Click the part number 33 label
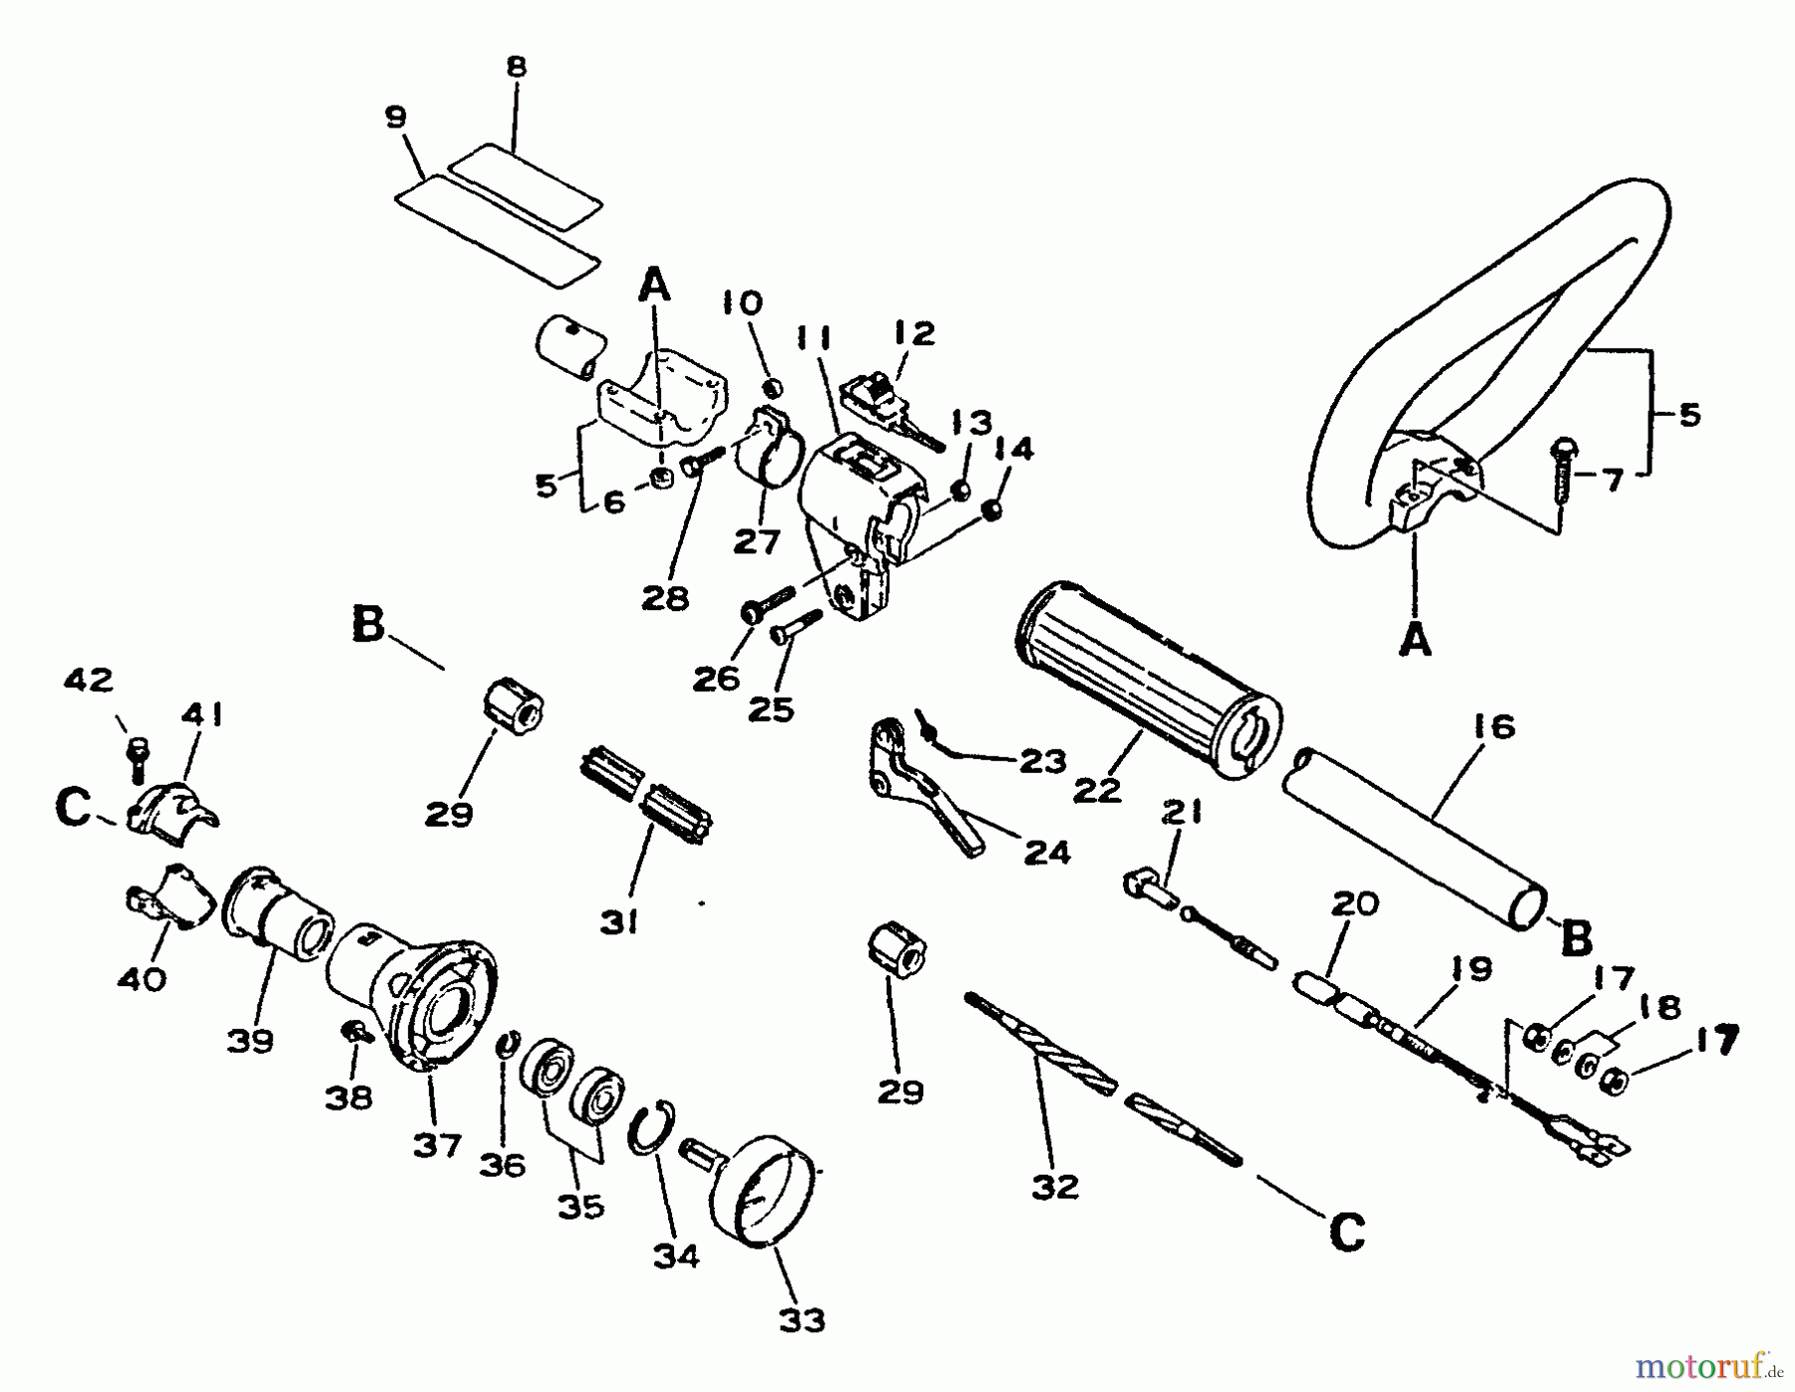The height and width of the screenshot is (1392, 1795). click(802, 1320)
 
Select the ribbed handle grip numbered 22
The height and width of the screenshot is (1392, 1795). click(1147, 673)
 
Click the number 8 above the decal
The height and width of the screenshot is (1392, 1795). click(516, 68)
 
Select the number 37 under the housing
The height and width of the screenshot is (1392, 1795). click(437, 1145)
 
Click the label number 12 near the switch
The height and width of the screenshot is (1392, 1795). click(914, 333)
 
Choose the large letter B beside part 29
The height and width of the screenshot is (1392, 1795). click(368, 625)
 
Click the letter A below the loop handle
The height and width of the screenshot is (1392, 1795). click(1414, 640)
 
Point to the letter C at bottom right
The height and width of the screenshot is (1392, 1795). click(1346, 1233)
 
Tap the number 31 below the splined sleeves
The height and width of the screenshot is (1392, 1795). click(618, 924)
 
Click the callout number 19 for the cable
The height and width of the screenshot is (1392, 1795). click(1470, 969)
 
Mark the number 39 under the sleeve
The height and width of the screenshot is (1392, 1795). click(249, 1041)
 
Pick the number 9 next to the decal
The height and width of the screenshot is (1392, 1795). click(396, 118)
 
